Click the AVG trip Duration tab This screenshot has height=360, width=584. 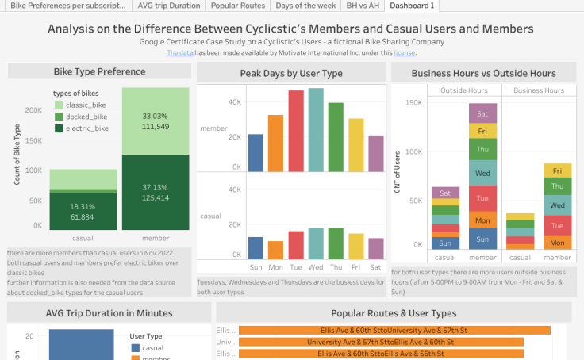(169, 6)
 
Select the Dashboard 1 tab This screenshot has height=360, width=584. (413, 6)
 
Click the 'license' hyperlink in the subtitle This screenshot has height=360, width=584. (404, 53)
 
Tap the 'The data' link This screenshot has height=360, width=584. (179, 53)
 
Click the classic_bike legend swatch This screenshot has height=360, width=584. (59, 105)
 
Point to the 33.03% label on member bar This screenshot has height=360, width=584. (156, 116)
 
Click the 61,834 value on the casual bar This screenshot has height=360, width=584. (83, 216)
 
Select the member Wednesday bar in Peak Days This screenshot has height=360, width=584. (316, 130)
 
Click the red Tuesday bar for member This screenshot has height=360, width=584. (296, 132)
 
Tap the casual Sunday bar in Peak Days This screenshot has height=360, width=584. (255, 248)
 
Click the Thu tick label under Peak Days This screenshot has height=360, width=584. (336, 267)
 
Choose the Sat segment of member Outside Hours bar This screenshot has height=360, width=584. (482, 113)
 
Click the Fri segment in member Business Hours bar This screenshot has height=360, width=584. (557, 170)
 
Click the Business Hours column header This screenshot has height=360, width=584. (539, 90)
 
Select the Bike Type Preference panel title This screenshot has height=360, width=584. (99, 71)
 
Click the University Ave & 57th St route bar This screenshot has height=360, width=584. (381, 342)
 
